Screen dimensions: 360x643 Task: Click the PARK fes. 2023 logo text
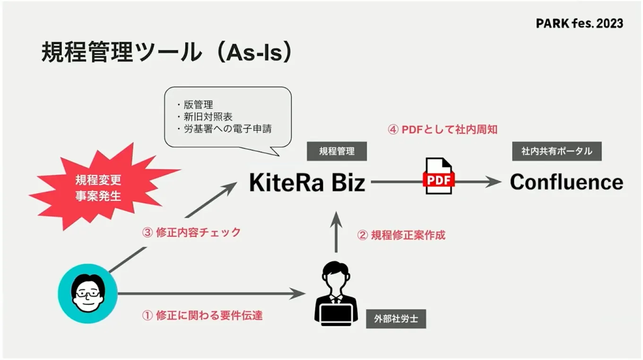coord(579,23)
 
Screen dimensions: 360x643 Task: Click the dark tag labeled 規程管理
coord(337,151)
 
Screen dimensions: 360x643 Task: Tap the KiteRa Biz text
coord(307,183)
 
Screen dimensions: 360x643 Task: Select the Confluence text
coord(566,182)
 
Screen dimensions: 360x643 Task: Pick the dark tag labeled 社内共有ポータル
coord(556,151)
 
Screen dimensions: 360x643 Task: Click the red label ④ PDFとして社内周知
coord(443,129)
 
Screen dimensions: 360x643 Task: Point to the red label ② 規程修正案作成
coord(401,235)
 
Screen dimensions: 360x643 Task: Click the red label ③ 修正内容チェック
coord(191,232)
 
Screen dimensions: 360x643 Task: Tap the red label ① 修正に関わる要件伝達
coord(202,316)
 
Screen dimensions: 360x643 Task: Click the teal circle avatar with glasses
coord(88,293)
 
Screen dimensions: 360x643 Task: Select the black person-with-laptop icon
coord(336,293)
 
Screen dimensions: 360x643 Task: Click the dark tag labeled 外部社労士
coord(396,319)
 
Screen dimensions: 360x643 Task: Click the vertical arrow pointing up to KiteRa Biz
coord(336,232)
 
